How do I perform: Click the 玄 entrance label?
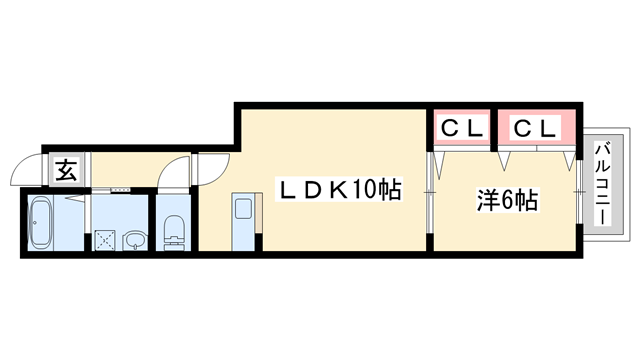65,169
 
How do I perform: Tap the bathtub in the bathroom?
42,224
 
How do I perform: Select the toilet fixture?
173,229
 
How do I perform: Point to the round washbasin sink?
133,240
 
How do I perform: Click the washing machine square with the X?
105,240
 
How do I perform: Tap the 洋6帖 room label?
507,199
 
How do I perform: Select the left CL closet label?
463,128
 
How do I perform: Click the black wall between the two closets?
494,128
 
